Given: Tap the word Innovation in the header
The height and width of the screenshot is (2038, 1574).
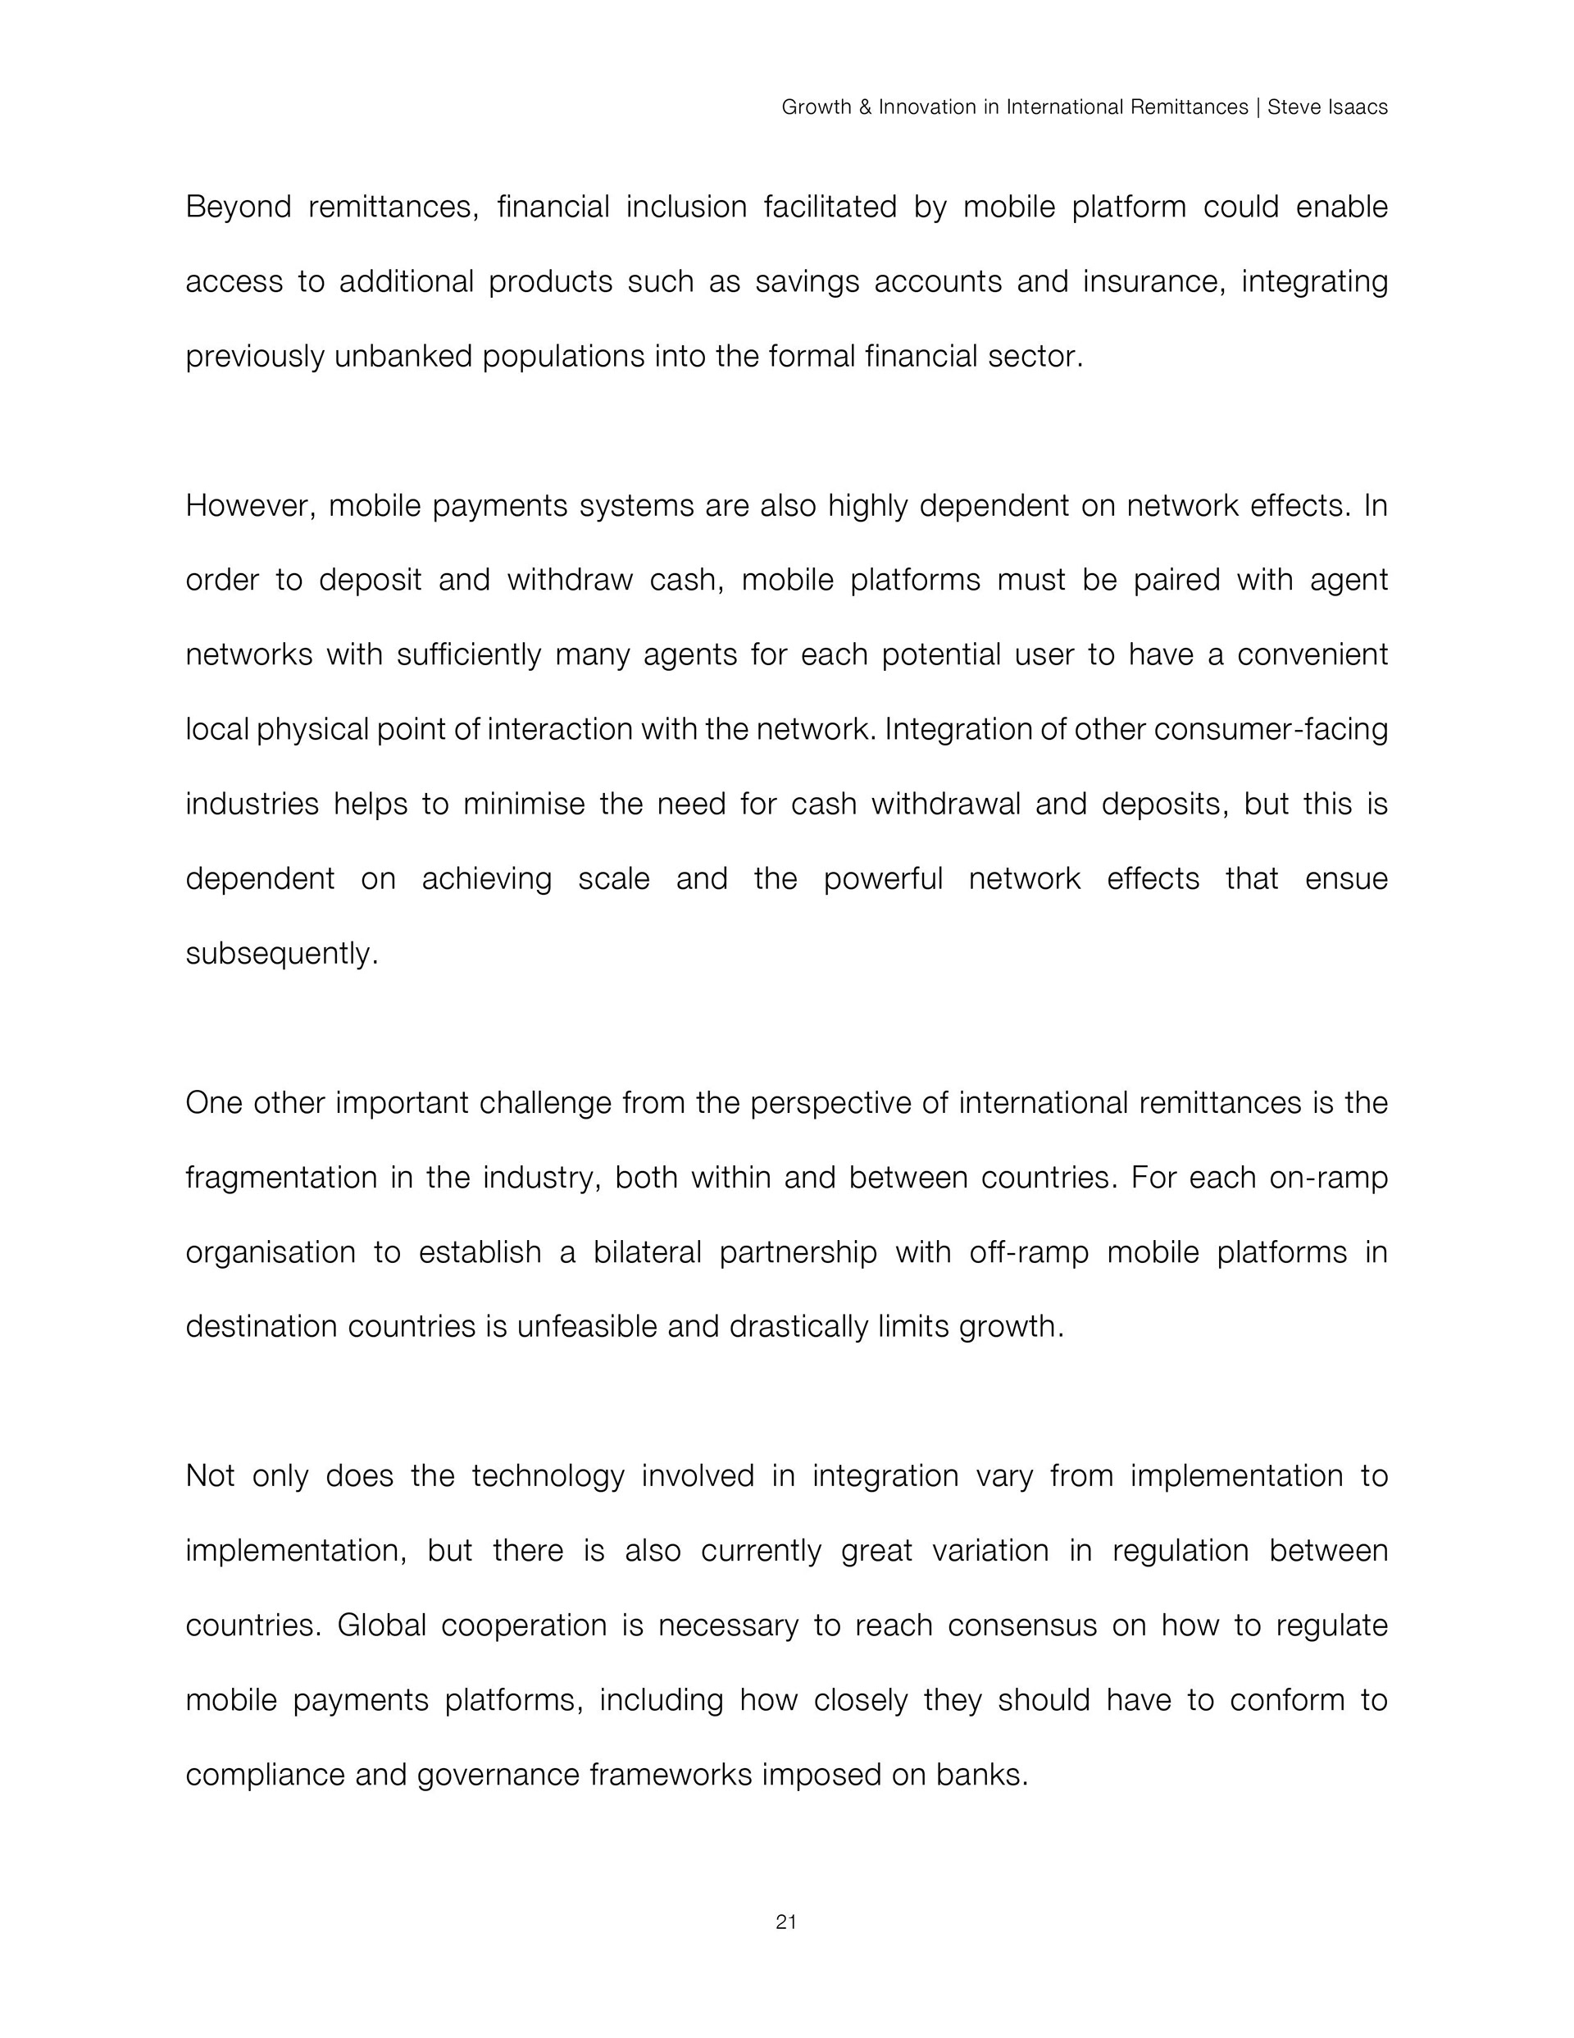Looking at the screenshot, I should [927, 107].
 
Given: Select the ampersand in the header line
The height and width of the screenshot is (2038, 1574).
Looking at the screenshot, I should [865, 107].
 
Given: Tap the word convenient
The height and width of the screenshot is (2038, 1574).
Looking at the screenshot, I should [1312, 655].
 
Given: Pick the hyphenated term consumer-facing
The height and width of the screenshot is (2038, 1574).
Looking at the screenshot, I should [1271, 730].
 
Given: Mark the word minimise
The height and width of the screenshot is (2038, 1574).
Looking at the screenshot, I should [523, 805].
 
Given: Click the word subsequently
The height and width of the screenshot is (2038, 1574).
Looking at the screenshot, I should [282, 955].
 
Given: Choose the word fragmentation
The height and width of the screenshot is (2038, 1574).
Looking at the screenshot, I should [279, 1179].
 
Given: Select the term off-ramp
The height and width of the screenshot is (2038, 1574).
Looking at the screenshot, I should [1029, 1253].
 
